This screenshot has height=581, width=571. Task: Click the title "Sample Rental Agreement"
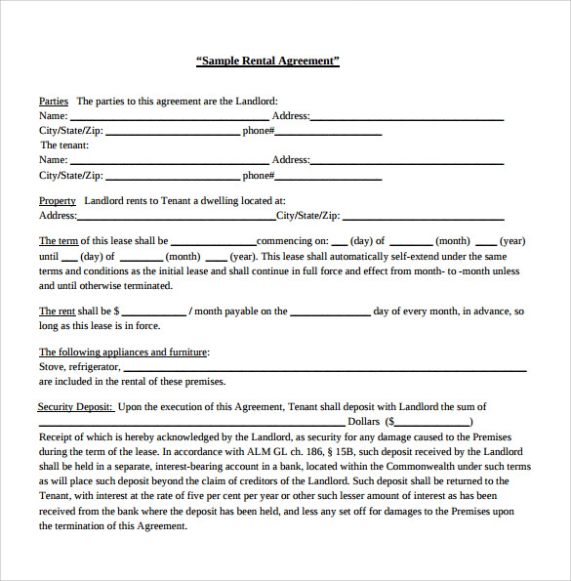tap(268, 61)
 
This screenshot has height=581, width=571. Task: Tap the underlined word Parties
tap(53, 101)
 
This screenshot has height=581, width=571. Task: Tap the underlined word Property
tap(58, 200)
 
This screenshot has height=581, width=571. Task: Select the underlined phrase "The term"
tap(58, 240)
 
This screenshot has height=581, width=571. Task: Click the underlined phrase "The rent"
tap(58, 311)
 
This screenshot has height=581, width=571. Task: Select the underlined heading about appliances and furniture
tap(123, 352)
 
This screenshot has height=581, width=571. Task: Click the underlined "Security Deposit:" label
tap(76, 407)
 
